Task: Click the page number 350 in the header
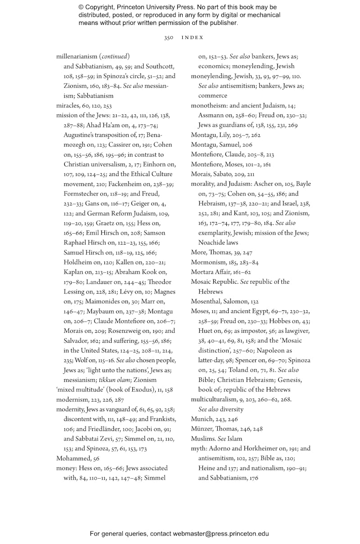point(169,37)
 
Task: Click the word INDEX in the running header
point(193,37)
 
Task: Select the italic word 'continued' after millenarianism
point(115,56)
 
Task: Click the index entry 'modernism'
point(71,399)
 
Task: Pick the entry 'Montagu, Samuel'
point(214,145)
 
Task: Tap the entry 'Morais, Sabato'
point(211,174)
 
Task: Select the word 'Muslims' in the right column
point(202,439)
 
